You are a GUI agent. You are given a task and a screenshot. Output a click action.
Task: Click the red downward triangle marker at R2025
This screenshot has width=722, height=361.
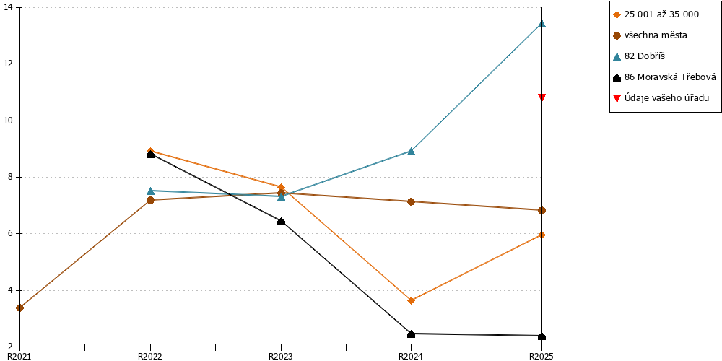pyautogui.click(x=542, y=97)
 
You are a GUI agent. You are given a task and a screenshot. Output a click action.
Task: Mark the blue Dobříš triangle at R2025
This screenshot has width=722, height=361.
pyautogui.click(x=542, y=24)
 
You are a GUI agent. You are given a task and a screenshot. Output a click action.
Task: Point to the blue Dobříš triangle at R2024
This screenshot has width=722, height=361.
pyautogui.click(x=412, y=151)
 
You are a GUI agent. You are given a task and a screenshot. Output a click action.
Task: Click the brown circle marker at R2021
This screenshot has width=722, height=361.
pyautogui.click(x=19, y=308)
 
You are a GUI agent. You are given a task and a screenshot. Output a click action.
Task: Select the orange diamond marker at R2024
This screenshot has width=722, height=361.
pyautogui.click(x=412, y=300)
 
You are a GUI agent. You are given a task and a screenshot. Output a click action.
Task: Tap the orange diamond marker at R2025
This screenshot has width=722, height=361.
pyautogui.click(x=542, y=235)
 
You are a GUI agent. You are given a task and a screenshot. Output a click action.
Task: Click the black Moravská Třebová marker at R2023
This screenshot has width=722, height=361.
pyautogui.click(x=281, y=222)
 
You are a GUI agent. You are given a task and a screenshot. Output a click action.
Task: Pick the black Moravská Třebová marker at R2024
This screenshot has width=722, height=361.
pyautogui.click(x=412, y=334)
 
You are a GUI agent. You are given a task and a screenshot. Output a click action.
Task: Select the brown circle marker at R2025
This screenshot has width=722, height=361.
pyautogui.click(x=542, y=210)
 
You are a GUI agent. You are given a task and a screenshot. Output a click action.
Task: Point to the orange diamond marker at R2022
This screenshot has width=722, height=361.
pyautogui.click(x=151, y=151)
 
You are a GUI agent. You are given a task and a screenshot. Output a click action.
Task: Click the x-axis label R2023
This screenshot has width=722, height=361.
pyautogui.click(x=281, y=356)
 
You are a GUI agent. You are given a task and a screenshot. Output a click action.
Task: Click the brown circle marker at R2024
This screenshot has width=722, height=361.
pyautogui.click(x=412, y=201)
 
